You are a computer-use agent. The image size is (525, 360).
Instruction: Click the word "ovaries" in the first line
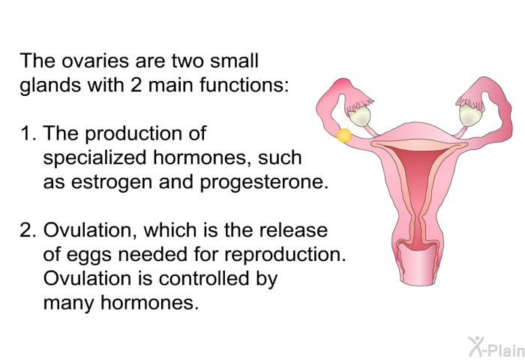[95, 61]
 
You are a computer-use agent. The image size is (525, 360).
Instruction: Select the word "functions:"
[244, 85]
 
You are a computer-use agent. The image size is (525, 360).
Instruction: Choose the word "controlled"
[204, 278]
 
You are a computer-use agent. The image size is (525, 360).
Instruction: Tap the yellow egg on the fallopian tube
[343, 135]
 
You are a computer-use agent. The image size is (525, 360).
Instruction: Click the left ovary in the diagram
[359, 116]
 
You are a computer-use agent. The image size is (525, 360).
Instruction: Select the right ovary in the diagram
[471, 115]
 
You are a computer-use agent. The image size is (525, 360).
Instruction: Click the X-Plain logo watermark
[496, 346]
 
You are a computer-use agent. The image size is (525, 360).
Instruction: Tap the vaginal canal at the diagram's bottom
[417, 265]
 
